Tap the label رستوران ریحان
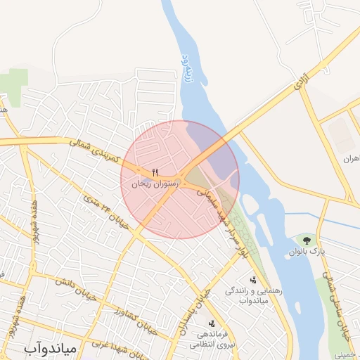click(156, 184)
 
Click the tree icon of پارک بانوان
click(306, 240)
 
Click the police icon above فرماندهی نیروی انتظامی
click(212, 323)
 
